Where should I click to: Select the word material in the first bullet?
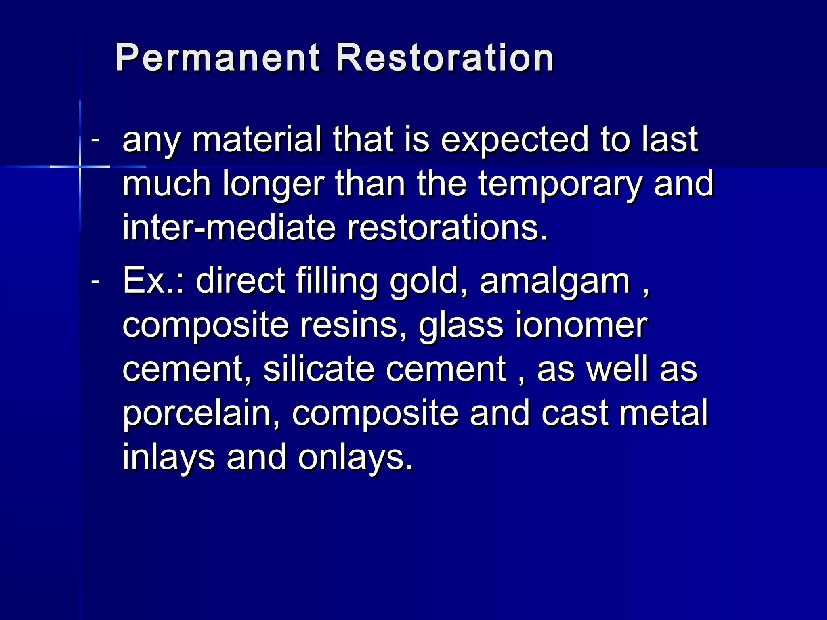coord(257,139)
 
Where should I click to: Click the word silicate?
coord(319,369)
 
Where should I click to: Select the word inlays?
coord(169,458)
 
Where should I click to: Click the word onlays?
coord(356,458)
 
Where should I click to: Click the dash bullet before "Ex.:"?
coord(95,281)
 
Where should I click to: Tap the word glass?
coord(461,326)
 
